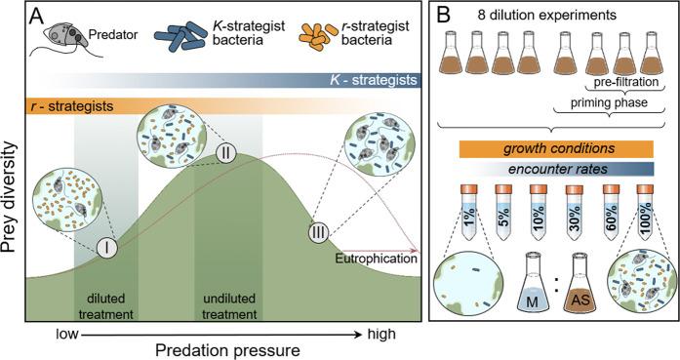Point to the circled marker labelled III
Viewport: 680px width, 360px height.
coord(318,234)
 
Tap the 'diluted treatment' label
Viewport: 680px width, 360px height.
coord(104,307)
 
